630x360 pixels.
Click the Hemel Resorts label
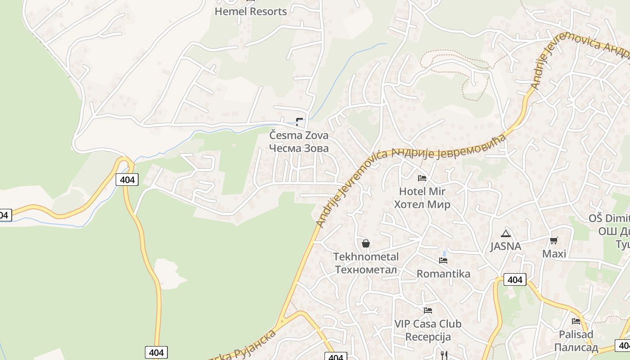pyautogui.click(x=251, y=12)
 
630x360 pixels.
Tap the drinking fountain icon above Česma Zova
pyautogui.click(x=299, y=121)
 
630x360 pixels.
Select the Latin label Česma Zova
pyautogui.click(x=299, y=135)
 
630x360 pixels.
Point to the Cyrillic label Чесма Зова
pyautogui.click(x=299, y=148)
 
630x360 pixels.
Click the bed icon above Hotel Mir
pyautogui.click(x=422, y=178)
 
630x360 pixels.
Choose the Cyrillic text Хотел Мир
pyautogui.click(x=422, y=205)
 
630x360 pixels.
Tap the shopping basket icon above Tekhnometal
pyautogui.click(x=366, y=243)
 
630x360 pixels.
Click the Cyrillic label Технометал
pyautogui.click(x=366, y=270)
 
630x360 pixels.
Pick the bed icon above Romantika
pyautogui.click(x=443, y=261)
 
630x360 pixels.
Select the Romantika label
pyautogui.click(x=443, y=274)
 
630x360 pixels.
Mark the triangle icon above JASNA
pyautogui.click(x=505, y=234)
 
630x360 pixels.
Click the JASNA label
pyautogui.click(x=505, y=247)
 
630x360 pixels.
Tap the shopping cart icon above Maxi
pyautogui.click(x=554, y=240)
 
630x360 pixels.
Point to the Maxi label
pyautogui.click(x=554, y=254)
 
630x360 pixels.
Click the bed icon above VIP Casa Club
pyautogui.click(x=428, y=310)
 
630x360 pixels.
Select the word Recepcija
pyautogui.click(x=428, y=337)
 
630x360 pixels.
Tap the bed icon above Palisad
pyautogui.click(x=576, y=321)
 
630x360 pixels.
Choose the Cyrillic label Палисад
pyautogui.click(x=576, y=347)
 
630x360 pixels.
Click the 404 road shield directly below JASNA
pyautogui.click(x=514, y=280)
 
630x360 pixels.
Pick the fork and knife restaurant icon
pyautogui.click(x=444, y=355)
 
